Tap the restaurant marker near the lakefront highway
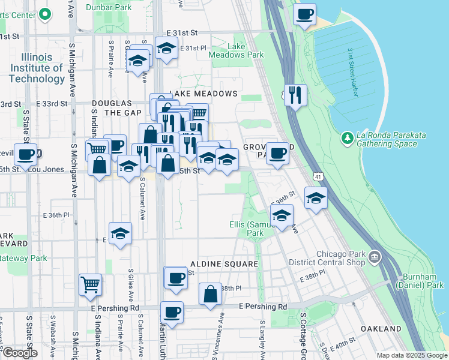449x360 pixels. tap(296, 95)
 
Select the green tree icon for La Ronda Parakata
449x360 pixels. tap(348, 139)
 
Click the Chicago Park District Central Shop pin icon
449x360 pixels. tap(375, 257)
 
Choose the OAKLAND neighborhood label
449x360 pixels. tap(381, 329)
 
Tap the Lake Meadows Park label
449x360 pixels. tap(237, 50)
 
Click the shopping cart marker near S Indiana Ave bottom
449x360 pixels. tap(90, 284)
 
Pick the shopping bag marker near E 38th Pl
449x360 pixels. tap(210, 294)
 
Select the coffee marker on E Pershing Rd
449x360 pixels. tap(172, 313)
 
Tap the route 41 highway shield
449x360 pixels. tap(318, 175)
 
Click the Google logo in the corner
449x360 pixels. tap(19, 353)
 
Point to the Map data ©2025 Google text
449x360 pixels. tap(411, 355)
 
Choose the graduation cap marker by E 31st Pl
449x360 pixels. tap(166, 47)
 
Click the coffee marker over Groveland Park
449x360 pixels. tap(277, 153)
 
